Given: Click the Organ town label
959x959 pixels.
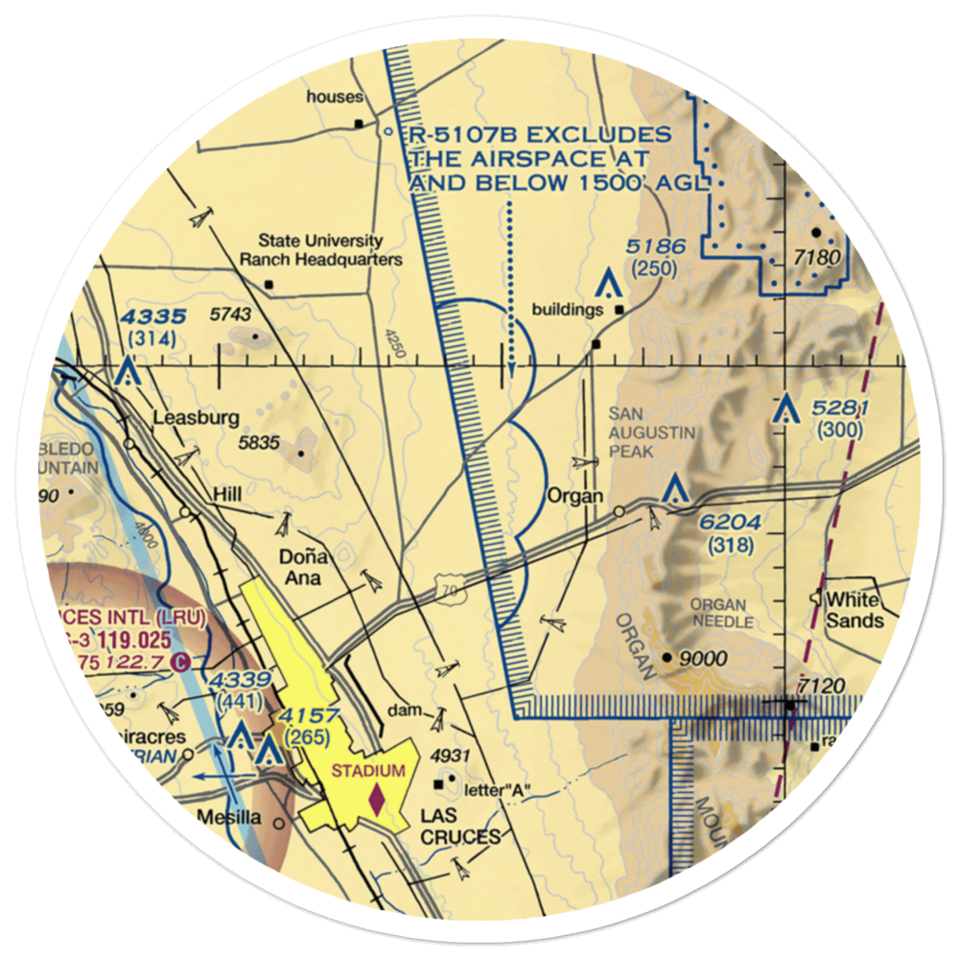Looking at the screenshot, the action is click(575, 497).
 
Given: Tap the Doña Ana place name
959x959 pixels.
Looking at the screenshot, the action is click(300, 568).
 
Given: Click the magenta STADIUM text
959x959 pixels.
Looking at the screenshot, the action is click(375, 769).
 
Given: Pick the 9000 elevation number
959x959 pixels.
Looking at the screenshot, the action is click(702, 660).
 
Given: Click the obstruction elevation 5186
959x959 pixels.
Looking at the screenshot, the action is click(656, 247).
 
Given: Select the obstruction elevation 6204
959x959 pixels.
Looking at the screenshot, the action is click(730, 524).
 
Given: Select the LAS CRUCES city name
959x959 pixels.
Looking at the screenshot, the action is click(460, 827).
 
